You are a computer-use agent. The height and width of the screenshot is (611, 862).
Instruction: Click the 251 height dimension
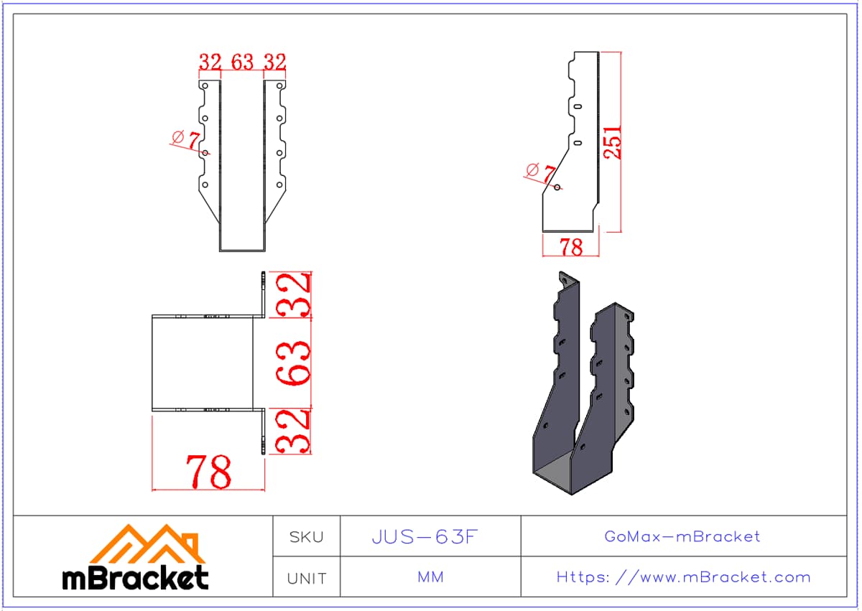[612, 142]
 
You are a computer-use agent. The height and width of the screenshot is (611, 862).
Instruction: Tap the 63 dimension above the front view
[243, 62]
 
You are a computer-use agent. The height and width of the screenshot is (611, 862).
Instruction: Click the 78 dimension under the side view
[571, 247]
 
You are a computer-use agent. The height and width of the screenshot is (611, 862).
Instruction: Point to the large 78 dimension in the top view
[208, 472]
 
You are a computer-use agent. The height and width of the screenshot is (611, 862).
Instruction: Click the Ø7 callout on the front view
[186, 139]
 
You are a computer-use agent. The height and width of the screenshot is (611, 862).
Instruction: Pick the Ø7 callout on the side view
[541, 172]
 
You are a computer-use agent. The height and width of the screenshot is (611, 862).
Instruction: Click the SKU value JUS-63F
[425, 537]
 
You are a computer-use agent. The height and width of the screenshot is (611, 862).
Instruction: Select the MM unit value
[430, 577]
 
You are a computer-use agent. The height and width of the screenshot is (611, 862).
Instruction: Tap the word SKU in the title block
[306, 537]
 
